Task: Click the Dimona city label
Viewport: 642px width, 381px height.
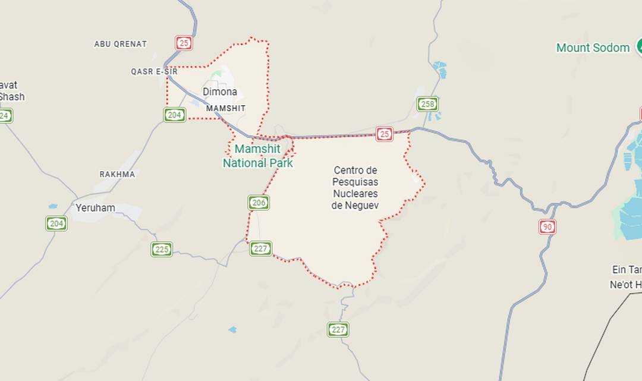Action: click(x=219, y=92)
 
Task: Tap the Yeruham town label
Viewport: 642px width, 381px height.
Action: click(x=95, y=208)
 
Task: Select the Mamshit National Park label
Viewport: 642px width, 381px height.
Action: click(x=258, y=156)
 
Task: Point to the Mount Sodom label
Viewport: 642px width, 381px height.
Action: click(x=593, y=48)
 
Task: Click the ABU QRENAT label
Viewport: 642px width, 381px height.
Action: click(x=120, y=44)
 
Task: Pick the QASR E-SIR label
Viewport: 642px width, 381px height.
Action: click(x=154, y=71)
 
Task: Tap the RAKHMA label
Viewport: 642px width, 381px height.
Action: click(x=117, y=174)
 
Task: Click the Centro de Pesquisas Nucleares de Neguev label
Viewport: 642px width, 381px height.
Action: click(x=355, y=188)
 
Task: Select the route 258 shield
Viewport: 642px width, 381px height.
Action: click(x=427, y=104)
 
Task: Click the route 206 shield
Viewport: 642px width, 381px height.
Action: click(x=259, y=203)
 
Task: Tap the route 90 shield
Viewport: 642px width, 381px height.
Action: click(x=547, y=226)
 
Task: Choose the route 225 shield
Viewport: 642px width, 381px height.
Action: click(x=161, y=249)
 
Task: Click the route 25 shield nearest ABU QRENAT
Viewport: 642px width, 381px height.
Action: click(x=184, y=43)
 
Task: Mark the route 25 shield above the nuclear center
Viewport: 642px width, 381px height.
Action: click(x=385, y=134)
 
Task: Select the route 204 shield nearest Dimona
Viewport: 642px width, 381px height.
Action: click(x=174, y=115)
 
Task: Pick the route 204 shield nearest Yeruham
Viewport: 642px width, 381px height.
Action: click(x=56, y=223)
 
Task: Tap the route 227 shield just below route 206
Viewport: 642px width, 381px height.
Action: click(x=260, y=248)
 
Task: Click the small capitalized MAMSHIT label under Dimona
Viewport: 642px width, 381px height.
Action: click(x=225, y=108)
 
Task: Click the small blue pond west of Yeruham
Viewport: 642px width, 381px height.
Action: click(x=53, y=206)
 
